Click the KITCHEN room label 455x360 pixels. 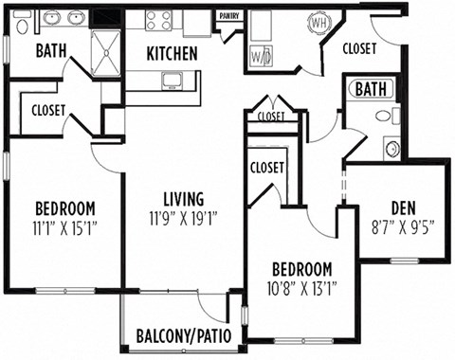pos(172,54)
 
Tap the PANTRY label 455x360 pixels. pos(228,16)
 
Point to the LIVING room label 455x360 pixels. pos(183,199)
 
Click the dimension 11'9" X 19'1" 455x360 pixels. pos(183,217)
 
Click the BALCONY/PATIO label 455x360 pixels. pos(186,335)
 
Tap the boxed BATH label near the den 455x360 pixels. pos(373,90)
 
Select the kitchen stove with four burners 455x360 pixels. pos(159,19)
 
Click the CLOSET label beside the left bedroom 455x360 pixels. pos(48,110)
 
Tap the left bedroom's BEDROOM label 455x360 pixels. pos(64,208)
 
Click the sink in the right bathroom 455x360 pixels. pos(391,147)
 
